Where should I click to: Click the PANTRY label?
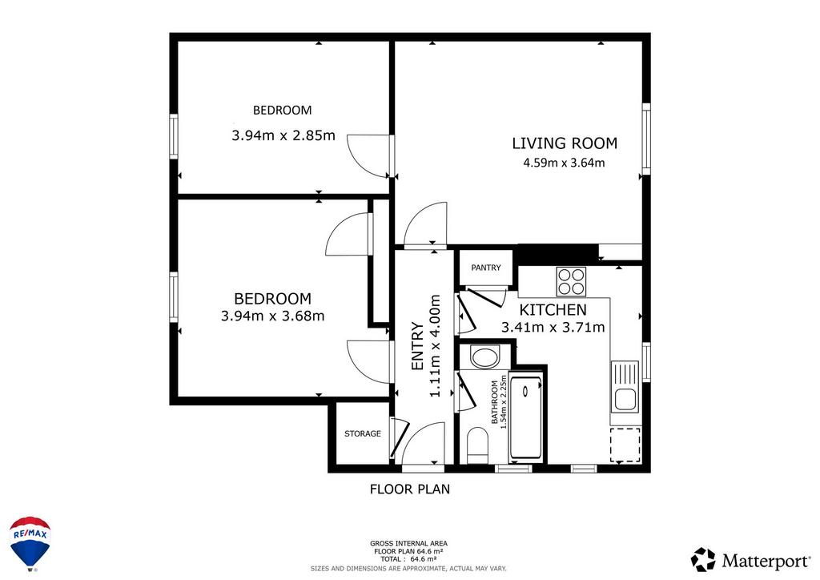[x=486, y=268]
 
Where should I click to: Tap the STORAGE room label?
[x=363, y=433]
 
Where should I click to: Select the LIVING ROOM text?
[x=565, y=143]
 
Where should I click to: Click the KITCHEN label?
[x=553, y=309]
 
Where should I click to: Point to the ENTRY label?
[x=417, y=346]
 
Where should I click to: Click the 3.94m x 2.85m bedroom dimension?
[x=283, y=135]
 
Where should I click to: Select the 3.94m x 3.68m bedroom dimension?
[x=272, y=316]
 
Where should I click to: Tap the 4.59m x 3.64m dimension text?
[x=565, y=163]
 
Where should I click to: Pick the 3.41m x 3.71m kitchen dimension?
[x=553, y=328]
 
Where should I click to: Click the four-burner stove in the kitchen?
[x=571, y=281]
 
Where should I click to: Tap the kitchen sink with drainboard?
[x=625, y=387]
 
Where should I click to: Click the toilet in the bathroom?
[x=477, y=445]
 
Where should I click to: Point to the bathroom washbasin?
[x=485, y=358]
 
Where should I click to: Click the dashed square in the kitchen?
[x=625, y=445]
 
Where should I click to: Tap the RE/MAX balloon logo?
[x=30, y=544]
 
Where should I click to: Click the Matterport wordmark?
[x=766, y=562]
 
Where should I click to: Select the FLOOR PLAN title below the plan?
[x=410, y=489]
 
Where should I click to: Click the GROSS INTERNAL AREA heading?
[x=408, y=544]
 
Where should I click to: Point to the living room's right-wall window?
[x=646, y=139]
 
